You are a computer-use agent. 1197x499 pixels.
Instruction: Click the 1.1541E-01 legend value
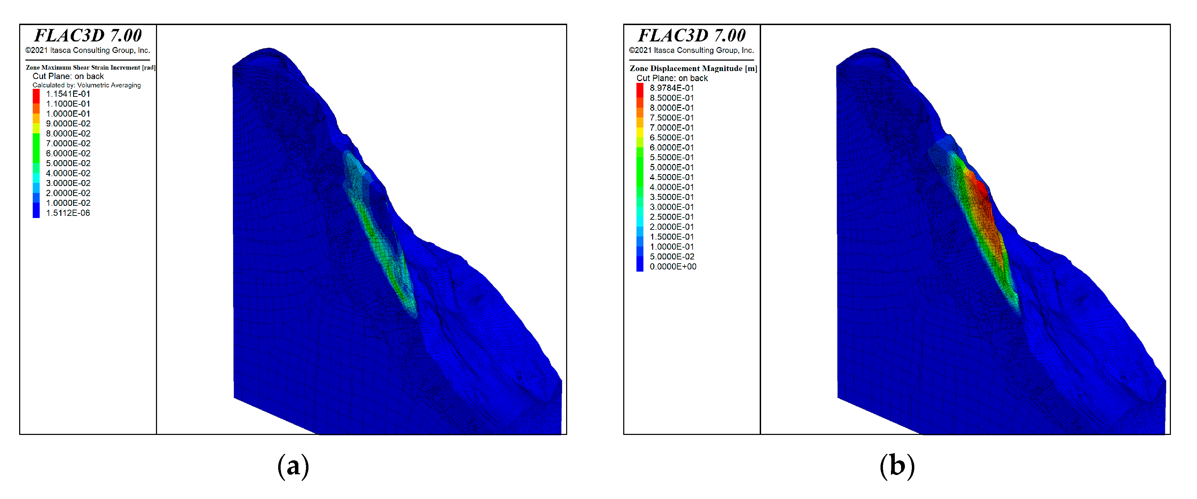(x=68, y=94)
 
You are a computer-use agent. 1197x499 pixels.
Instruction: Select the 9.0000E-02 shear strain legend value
(x=68, y=124)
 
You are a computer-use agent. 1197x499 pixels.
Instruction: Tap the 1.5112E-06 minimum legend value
(x=68, y=213)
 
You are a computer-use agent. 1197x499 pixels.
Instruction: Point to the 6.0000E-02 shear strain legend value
(x=68, y=153)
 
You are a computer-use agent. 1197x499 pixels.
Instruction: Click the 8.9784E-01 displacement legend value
(x=672, y=88)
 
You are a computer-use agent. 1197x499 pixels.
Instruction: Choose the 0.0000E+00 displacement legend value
(x=673, y=267)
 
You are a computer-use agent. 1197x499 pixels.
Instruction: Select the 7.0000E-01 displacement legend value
(x=672, y=128)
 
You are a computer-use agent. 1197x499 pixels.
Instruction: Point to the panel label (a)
(x=293, y=466)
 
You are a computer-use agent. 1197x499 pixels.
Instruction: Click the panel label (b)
(x=897, y=466)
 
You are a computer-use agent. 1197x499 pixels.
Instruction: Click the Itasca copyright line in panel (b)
(x=691, y=50)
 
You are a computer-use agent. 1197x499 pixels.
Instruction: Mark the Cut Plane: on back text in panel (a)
(x=68, y=76)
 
